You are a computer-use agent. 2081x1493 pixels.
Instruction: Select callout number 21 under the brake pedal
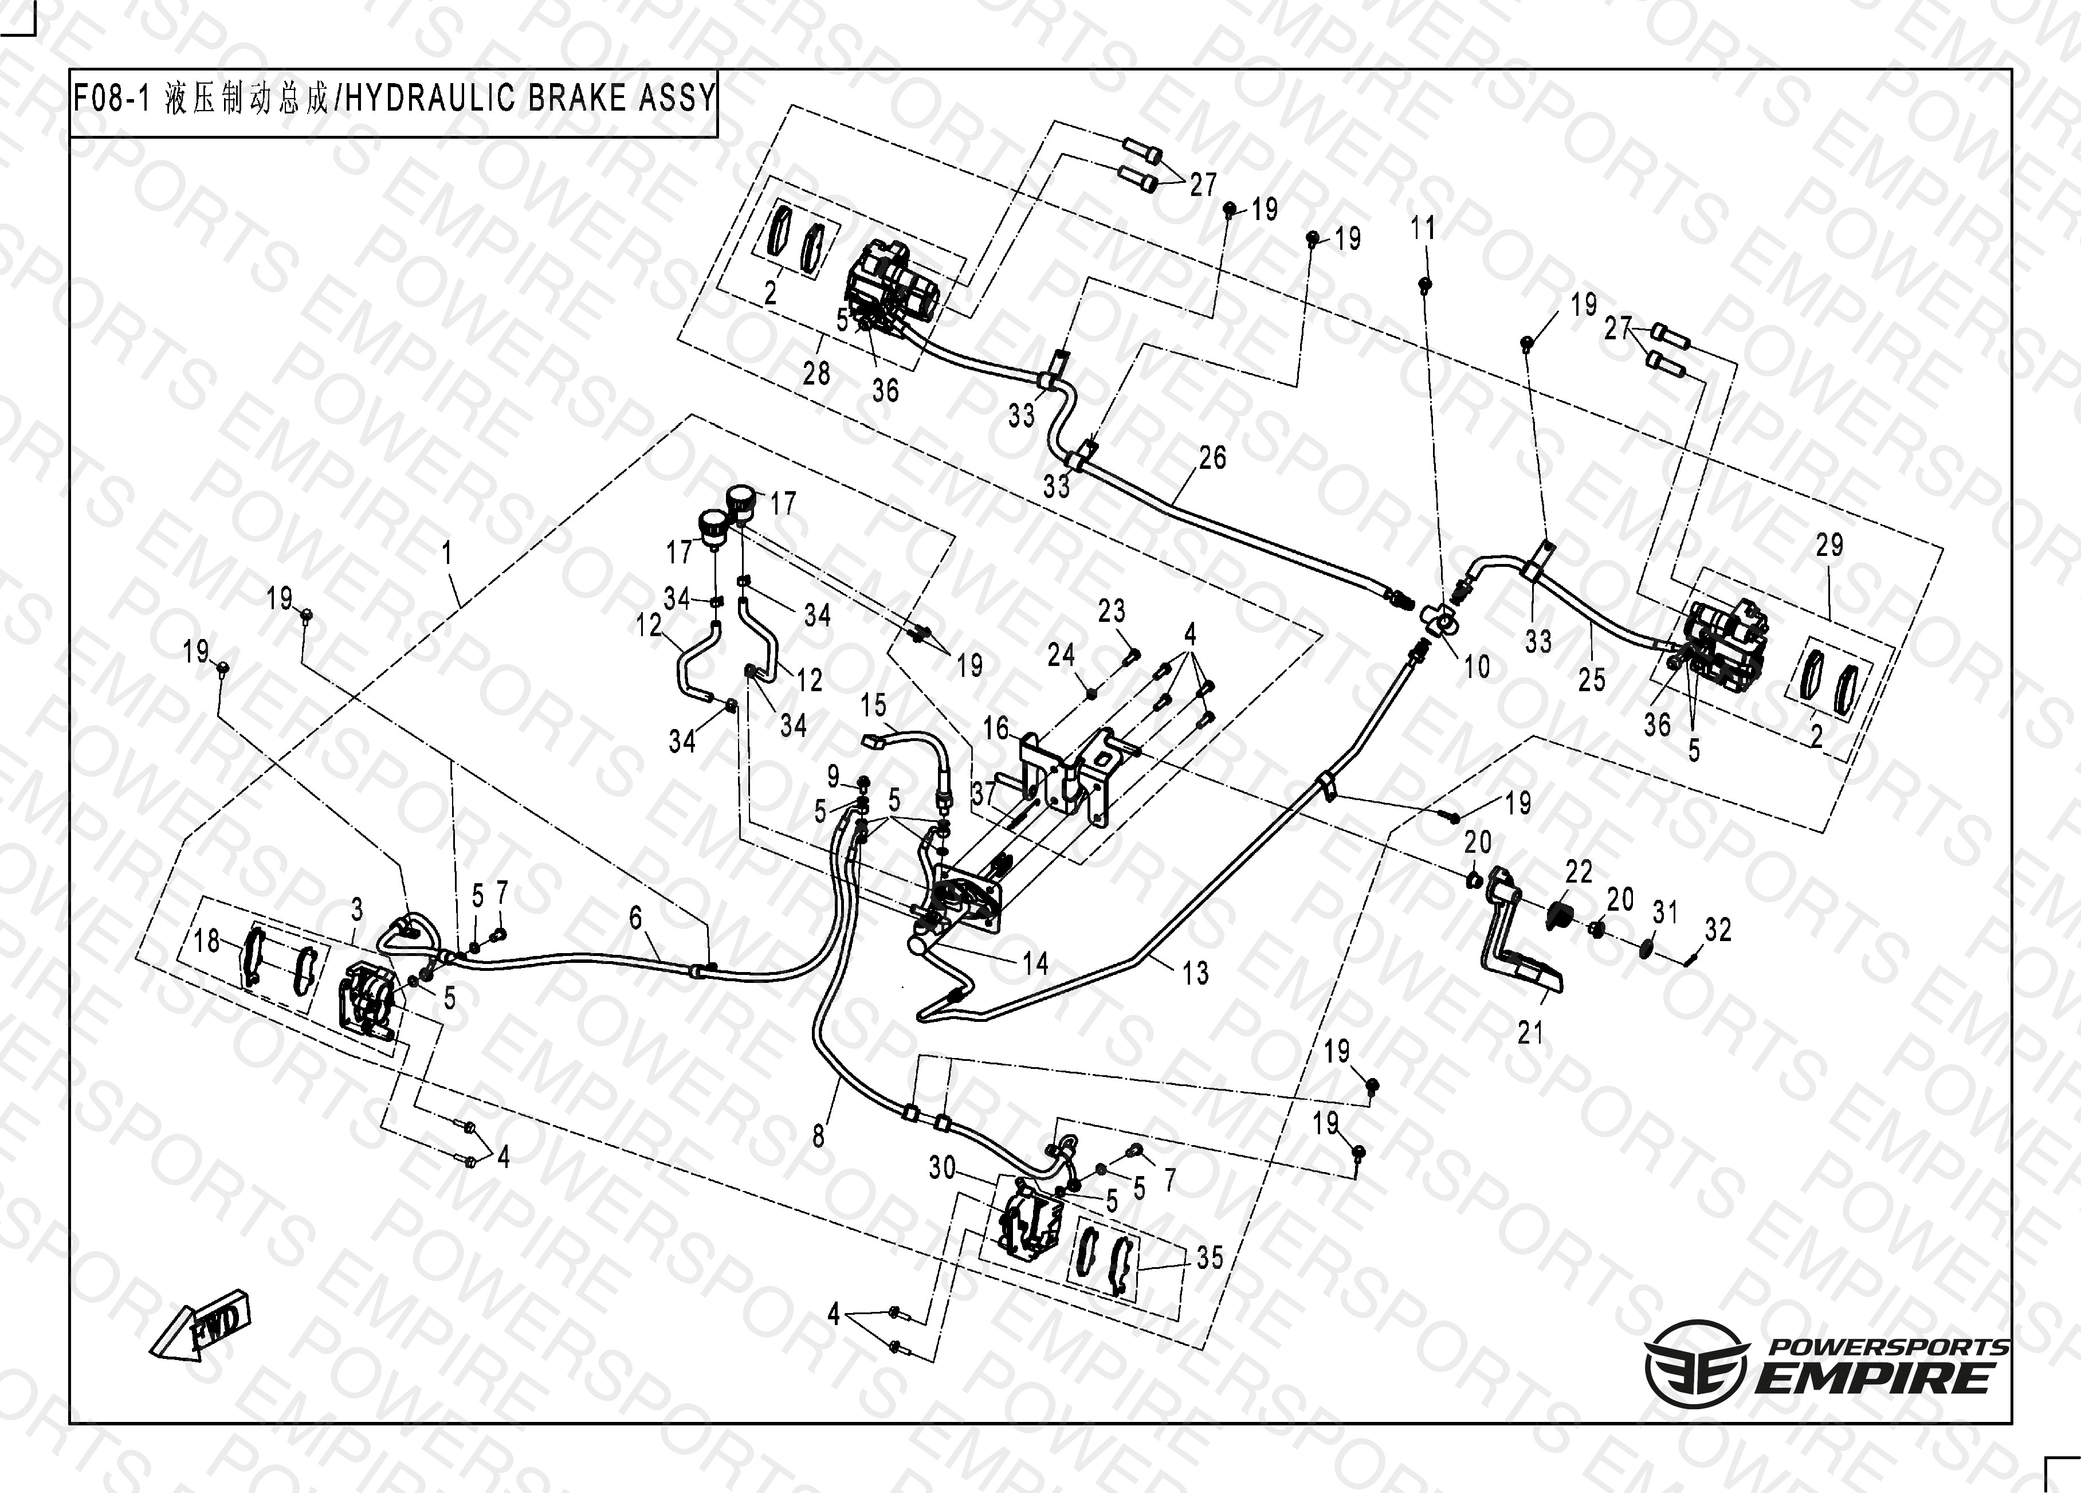[1530, 1033]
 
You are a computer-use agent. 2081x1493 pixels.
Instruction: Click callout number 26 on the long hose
[1212, 458]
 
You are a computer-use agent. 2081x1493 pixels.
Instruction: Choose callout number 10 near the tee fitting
[1477, 667]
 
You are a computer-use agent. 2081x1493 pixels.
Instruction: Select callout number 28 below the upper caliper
[816, 374]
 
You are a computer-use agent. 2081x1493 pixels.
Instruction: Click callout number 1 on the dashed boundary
[447, 552]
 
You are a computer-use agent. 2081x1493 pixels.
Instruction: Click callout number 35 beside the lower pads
[1210, 1257]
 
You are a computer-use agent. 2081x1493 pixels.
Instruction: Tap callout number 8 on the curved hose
[818, 1136]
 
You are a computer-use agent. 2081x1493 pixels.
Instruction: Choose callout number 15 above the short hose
[874, 705]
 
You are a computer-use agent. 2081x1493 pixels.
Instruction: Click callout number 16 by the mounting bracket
[996, 728]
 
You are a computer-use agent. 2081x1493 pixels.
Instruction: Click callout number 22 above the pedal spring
[1578, 872]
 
